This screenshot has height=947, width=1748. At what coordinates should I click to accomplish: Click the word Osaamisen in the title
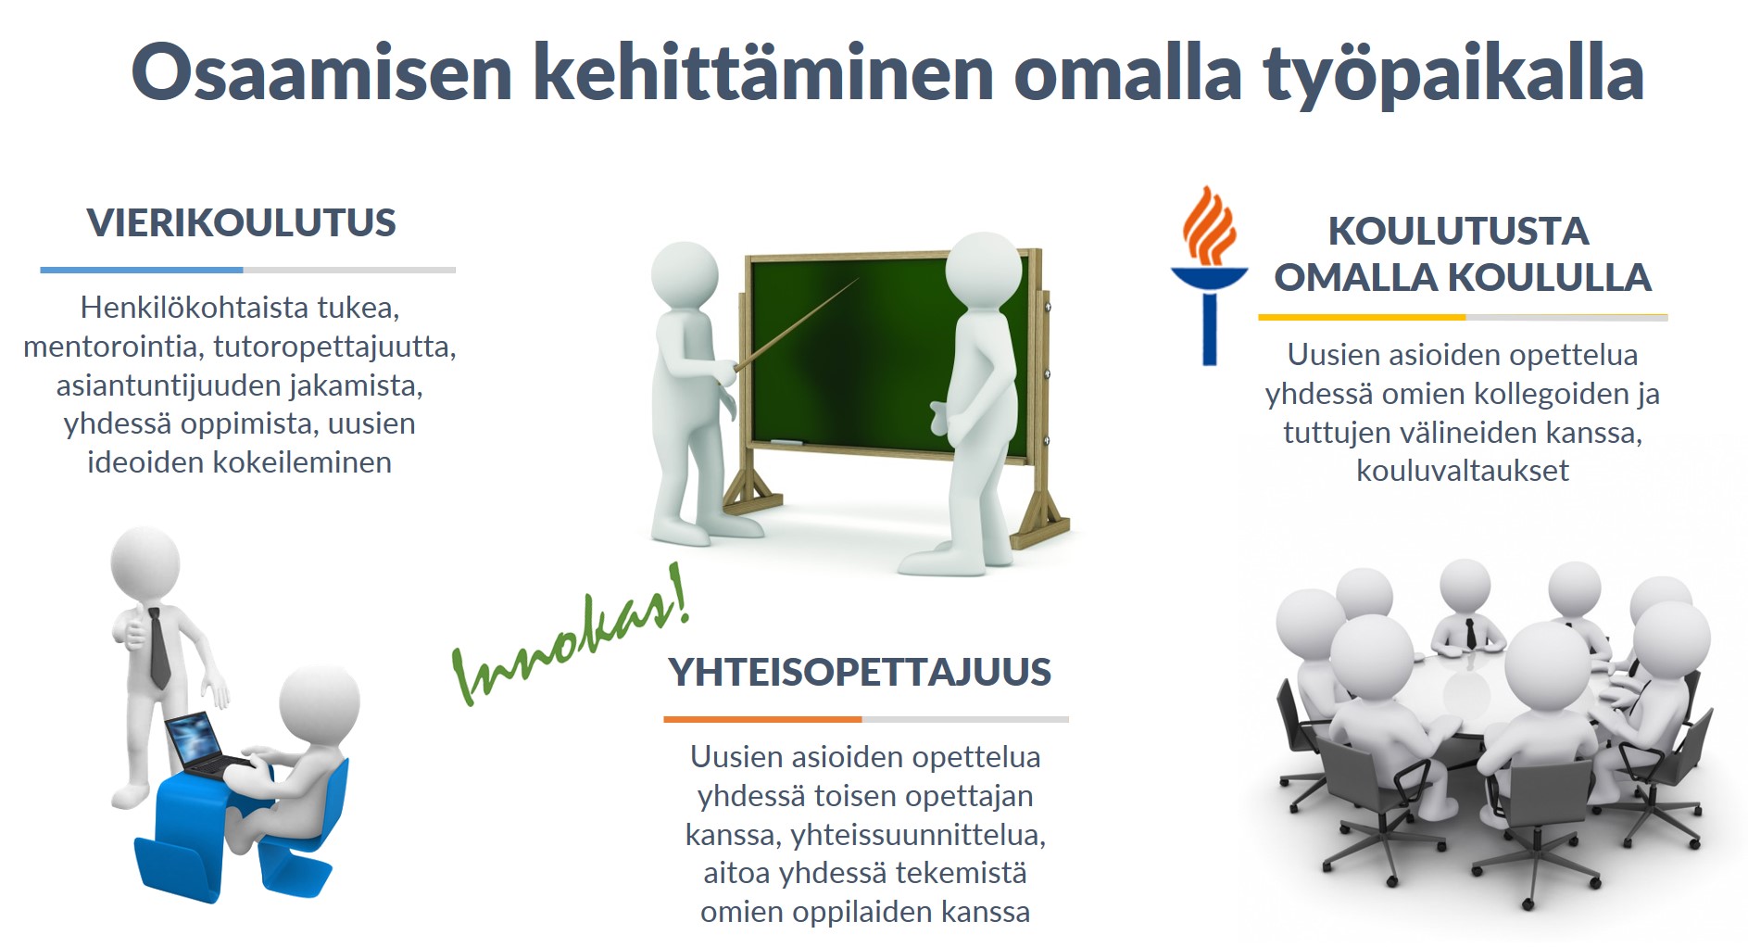pyautogui.click(x=322, y=72)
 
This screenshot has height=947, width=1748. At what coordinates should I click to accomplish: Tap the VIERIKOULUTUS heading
pyautogui.click(x=241, y=223)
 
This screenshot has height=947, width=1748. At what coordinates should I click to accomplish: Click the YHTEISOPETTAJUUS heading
pyautogui.click(x=860, y=672)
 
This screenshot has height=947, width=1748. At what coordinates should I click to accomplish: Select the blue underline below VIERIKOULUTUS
pyautogui.click(x=142, y=270)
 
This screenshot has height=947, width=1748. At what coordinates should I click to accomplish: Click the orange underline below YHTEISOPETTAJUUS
pyautogui.click(x=762, y=719)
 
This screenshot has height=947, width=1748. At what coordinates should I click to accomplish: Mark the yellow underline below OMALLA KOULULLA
pyautogui.click(x=1362, y=317)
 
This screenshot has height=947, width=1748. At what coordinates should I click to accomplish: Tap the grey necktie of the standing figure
pyautogui.click(x=158, y=648)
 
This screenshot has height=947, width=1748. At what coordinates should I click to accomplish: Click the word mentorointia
pyautogui.click(x=114, y=347)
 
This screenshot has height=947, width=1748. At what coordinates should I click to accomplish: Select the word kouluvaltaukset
pyautogui.click(x=1463, y=471)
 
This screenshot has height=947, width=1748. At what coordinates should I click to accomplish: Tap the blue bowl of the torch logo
pyautogui.click(x=1209, y=278)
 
